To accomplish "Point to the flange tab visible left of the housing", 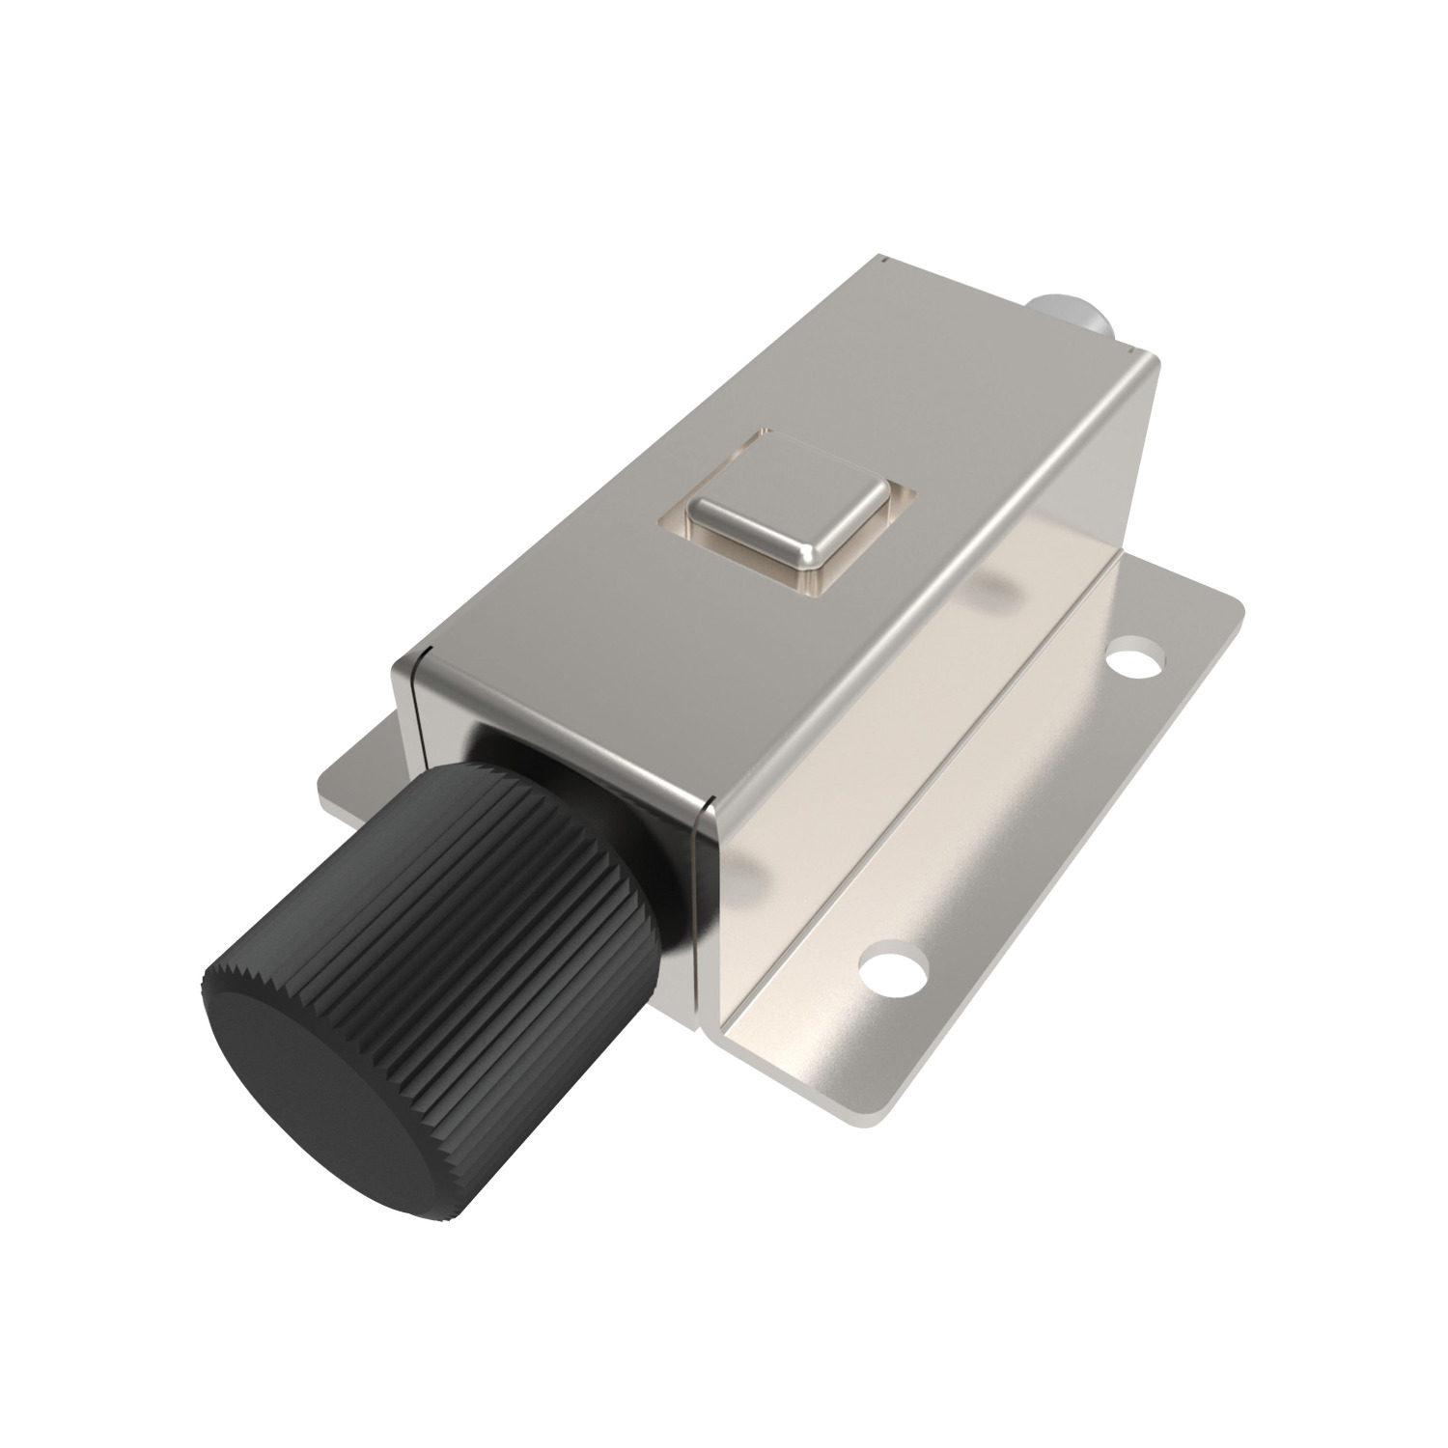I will (357, 782).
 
